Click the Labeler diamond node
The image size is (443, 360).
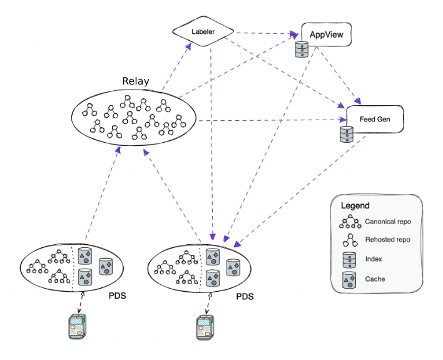coord(203,30)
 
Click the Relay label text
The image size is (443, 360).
coord(136,81)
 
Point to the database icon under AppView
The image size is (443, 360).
coord(302,49)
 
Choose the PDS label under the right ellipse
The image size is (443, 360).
coord(244,295)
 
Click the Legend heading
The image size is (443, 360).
coord(355,205)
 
